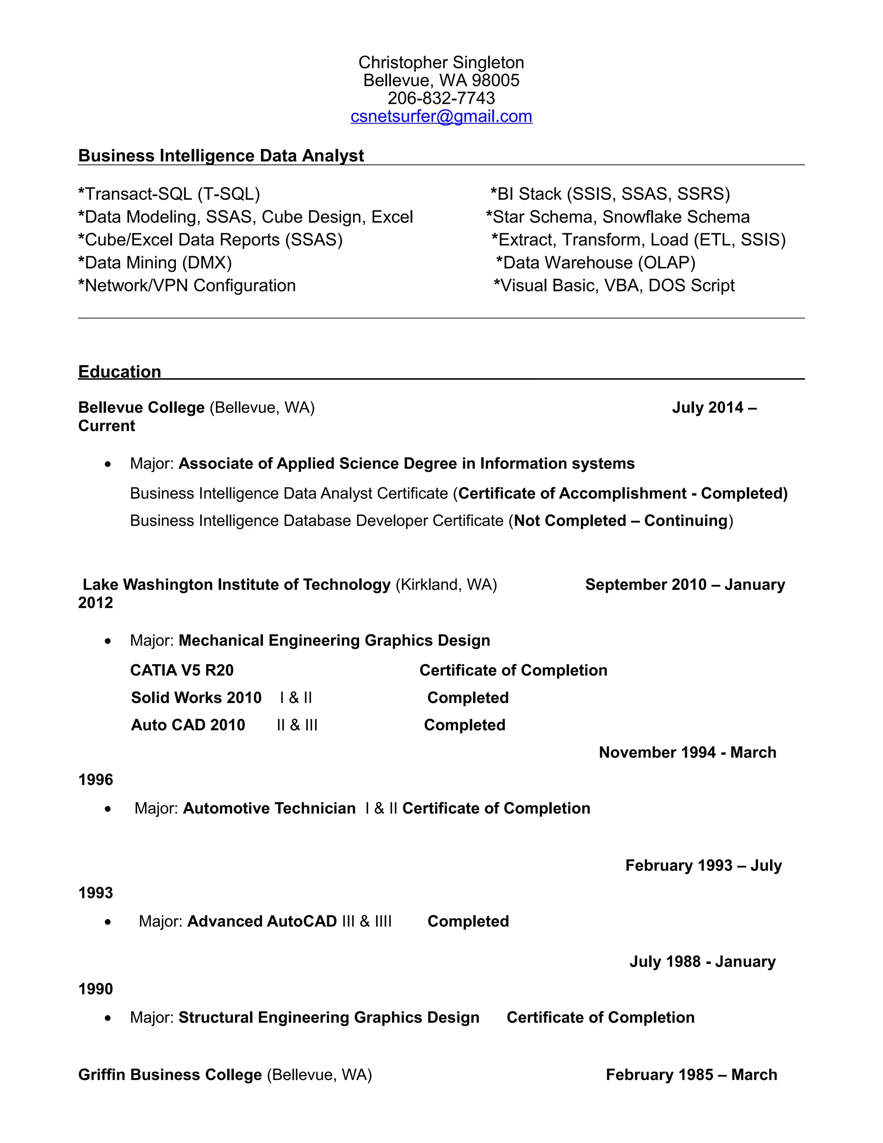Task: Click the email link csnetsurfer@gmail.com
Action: click(x=441, y=116)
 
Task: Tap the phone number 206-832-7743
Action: click(x=441, y=98)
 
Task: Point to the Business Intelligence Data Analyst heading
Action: click(x=221, y=156)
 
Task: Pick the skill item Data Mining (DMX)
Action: click(x=155, y=263)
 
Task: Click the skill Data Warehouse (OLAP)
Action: click(x=596, y=263)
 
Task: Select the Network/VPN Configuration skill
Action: click(x=187, y=286)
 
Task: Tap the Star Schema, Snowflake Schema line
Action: click(x=618, y=217)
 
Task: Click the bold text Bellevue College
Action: click(x=141, y=408)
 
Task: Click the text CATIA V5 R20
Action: click(x=182, y=670)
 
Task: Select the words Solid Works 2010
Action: click(x=196, y=697)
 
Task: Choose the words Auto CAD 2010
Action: click(x=188, y=725)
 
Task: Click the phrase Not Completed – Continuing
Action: click(x=621, y=521)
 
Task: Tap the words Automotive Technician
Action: click(x=269, y=809)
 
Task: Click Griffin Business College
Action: click(x=170, y=1074)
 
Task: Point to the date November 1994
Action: click(x=657, y=753)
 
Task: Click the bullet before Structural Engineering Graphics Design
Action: click(x=108, y=1018)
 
